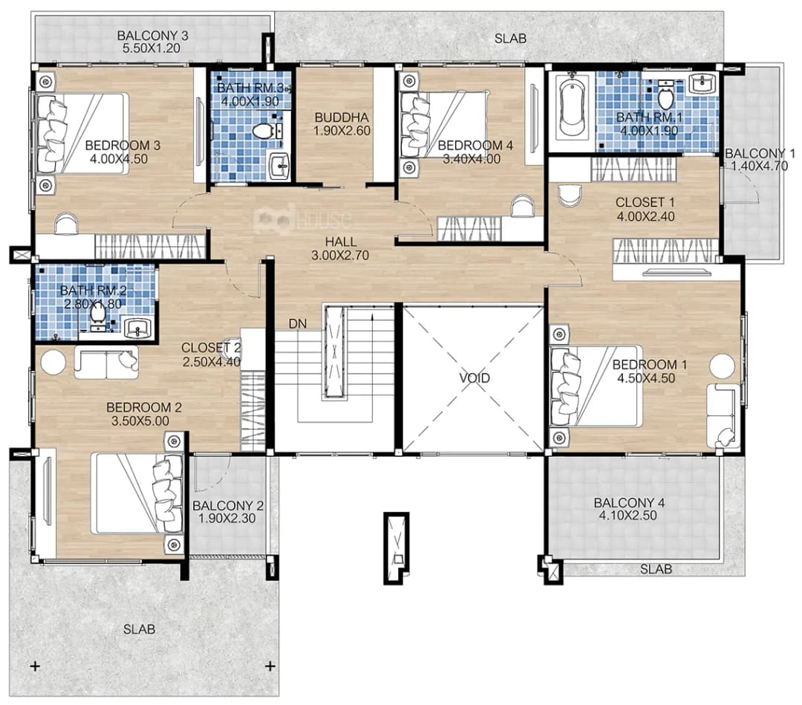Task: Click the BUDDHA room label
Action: pyautogui.click(x=342, y=117)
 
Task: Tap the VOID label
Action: pyautogui.click(x=475, y=378)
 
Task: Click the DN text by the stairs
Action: pyautogui.click(x=298, y=324)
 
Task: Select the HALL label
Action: pyautogui.click(x=341, y=241)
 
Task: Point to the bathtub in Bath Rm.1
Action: pyautogui.click(x=571, y=106)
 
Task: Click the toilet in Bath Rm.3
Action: pyautogui.click(x=262, y=131)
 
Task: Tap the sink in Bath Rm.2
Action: pyautogui.click(x=137, y=328)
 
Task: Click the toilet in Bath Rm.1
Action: pyautogui.click(x=665, y=95)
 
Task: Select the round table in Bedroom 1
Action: pyautogui.click(x=722, y=366)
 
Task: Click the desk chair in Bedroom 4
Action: pyautogui.click(x=522, y=207)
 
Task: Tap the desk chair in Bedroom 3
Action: pyautogui.click(x=66, y=224)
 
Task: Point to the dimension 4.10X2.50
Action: pyautogui.click(x=627, y=516)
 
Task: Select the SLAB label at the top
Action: pyautogui.click(x=510, y=39)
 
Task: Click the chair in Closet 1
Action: pyautogui.click(x=570, y=194)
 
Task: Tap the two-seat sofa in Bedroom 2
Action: pyautogui.click(x=106, y=363)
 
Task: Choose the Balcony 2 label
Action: pyautogui.click(x=228, y=505)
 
